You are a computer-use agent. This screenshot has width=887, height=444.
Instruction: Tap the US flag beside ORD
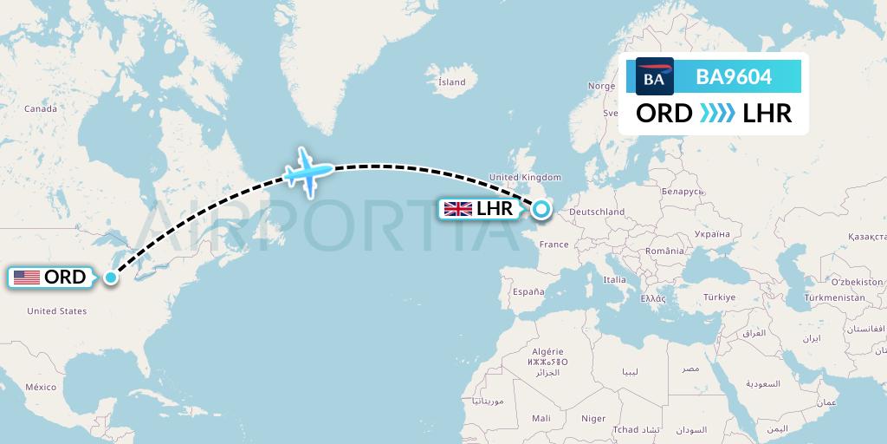point(27,277)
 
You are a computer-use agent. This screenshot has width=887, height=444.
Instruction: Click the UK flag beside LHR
point(458,208)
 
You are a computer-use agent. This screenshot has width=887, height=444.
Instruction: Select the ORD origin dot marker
point(111,277)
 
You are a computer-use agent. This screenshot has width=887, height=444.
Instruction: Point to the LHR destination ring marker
point(541,208)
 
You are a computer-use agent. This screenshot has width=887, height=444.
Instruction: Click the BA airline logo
point(654,78)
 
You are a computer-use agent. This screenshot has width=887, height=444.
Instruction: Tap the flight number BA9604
point(734,78)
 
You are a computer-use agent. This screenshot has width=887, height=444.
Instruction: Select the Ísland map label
point(451,82)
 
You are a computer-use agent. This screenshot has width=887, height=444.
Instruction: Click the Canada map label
point(40,108)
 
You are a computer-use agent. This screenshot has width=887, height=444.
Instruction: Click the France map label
point(554,245)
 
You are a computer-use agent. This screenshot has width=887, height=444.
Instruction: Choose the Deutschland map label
point(597,212)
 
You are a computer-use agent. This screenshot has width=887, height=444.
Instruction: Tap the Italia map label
point(614,280)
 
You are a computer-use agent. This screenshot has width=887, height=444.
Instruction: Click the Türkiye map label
point(718,297)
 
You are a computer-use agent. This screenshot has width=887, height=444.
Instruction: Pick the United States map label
point(56,310)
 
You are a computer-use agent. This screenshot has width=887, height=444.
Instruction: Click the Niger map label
point(593,418)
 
